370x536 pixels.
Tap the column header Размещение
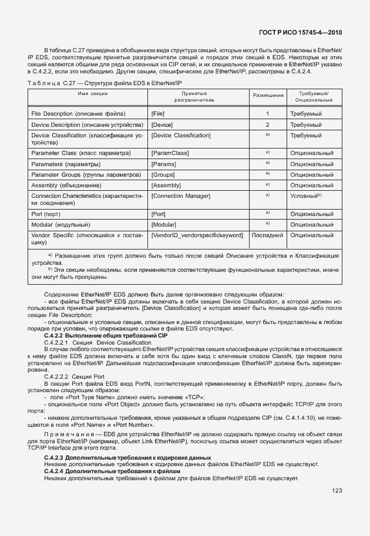[268, 95]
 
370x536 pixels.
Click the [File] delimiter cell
[158, 113]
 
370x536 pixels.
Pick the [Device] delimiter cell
[162, 125]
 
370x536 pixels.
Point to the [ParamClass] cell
[170, 153]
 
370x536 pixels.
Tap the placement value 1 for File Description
[268, 113]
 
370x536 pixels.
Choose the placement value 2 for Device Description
[268, 125]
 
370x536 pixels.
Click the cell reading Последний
[268, 235]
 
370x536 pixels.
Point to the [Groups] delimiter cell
[163, 174]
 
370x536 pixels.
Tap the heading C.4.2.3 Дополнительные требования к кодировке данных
[127, 457]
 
